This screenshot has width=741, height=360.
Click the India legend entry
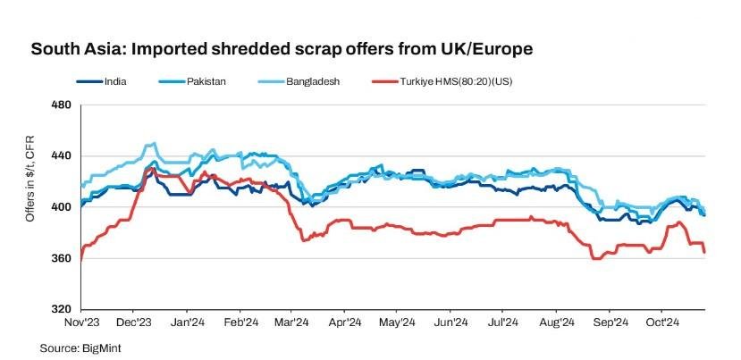[x=114, y=81]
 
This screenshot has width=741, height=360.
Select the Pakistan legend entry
[x=205, y=81]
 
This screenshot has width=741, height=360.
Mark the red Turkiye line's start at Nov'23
[x=81, y=259]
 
